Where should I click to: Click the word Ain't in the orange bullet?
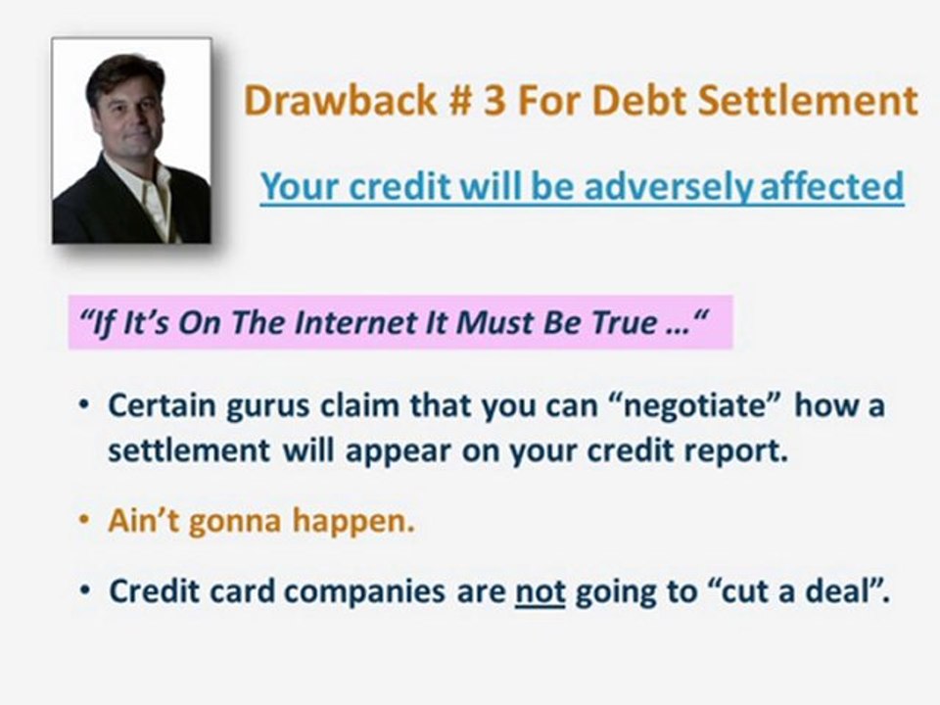coord(145,522)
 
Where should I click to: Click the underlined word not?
coord(540,592)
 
